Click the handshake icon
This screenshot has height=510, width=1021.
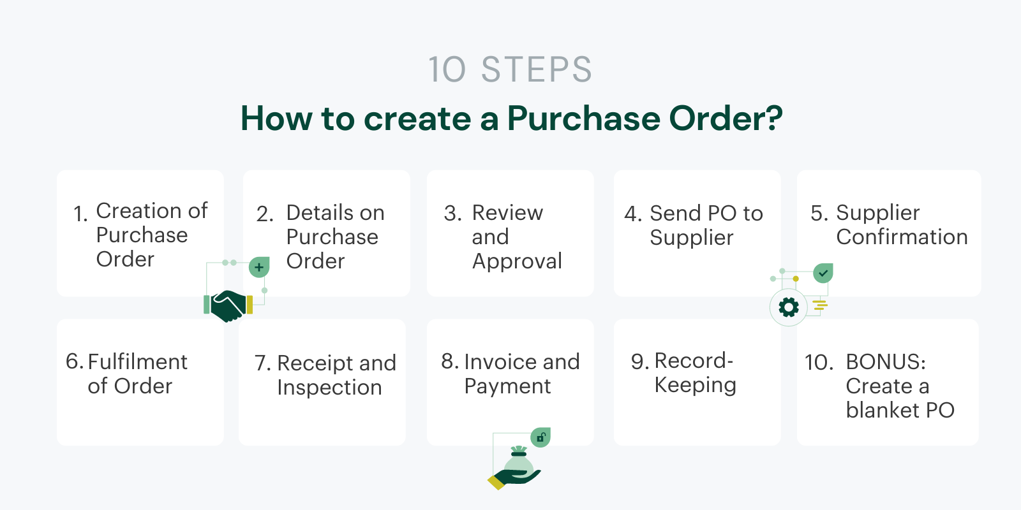[x=228, y=305]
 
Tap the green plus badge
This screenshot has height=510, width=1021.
[x=259, y=267]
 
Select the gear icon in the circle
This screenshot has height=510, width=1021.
[x=789, y=307]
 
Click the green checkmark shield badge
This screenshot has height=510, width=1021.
[x=823, y=273]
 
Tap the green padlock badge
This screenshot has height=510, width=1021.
[x=540, y=437]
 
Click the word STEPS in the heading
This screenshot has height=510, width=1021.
[x=536, y=69]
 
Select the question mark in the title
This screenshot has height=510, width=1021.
[x=773, y=119]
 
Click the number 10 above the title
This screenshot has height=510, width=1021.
[x=447, y=69]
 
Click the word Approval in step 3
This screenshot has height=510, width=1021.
[x=517, y=261]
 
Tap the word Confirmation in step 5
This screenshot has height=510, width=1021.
[x=902, y=237]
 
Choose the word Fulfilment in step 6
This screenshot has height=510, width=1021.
[x=137, y=361]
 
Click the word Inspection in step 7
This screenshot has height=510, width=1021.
[x=329, y=388]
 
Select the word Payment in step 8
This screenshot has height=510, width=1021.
[x=507, y=386]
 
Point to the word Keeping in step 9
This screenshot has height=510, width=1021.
[x=695, y=385]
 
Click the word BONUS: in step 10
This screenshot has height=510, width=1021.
[x=886, y=361]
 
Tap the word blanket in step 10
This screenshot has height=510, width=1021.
[x=883, y=410]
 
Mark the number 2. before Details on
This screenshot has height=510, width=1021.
[x=265, y=214]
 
